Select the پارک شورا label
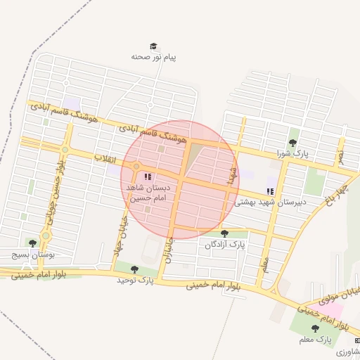pos(292,153)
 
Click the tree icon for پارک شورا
pos(292,143)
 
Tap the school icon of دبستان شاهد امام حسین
pos(148,177)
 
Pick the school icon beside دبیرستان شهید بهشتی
pos(271,191)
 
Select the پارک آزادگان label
pos(226,245)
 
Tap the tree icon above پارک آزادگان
pos(225,234)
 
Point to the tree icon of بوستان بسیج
pos(32,243)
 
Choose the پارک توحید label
pos(135,280)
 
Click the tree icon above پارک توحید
pos(134,269)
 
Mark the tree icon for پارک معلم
pos(314,328)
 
